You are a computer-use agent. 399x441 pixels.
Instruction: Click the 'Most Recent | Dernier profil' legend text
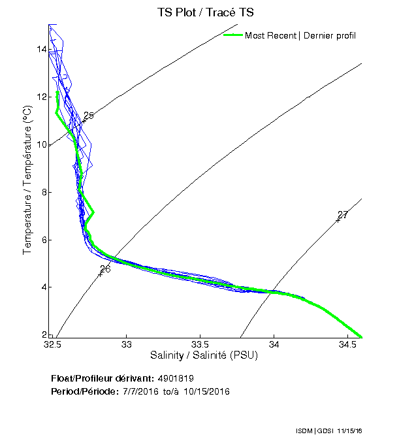click(x=300, y=35)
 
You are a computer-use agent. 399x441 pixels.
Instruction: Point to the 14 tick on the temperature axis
click(x=41, y=49)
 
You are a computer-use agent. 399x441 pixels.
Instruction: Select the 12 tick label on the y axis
click(x=41, y=97)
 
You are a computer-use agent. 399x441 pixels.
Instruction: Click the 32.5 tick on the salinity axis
click(x=53, y=344)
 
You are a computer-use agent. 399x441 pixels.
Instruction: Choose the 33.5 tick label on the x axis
click(x=200, y=344)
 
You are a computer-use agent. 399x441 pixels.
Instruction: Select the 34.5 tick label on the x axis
click(x=347, y=344)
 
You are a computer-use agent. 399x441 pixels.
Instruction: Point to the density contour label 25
click(x=89, y=116)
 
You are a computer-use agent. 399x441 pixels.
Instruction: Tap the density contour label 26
click(x=105, y=269)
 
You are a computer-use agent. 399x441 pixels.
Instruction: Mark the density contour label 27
click(x=343, y=215)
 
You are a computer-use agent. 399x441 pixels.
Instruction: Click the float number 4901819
click(x=176, y=378)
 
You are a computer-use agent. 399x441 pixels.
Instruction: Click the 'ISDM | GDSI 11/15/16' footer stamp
click(x=328, y=432)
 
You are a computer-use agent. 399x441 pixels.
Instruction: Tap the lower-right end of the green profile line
click(x=361, y=337)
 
